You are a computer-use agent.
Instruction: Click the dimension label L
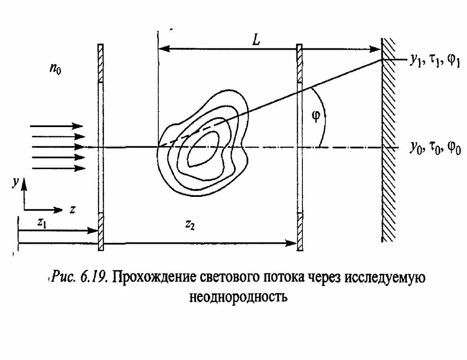click(x=256, y=40)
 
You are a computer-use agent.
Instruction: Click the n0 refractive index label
click(x=55, y=71)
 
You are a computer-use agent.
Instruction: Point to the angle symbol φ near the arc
click(x=316, y=116)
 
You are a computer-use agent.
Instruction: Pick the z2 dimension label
click(x=190, y=224)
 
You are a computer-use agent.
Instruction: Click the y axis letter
click(x=16, y=183)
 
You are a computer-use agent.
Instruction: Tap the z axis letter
click(x=72, y=210)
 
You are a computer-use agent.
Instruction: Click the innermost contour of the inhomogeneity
click(x=202, y=149)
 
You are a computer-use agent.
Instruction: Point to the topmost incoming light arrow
click(x=57, y=126)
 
